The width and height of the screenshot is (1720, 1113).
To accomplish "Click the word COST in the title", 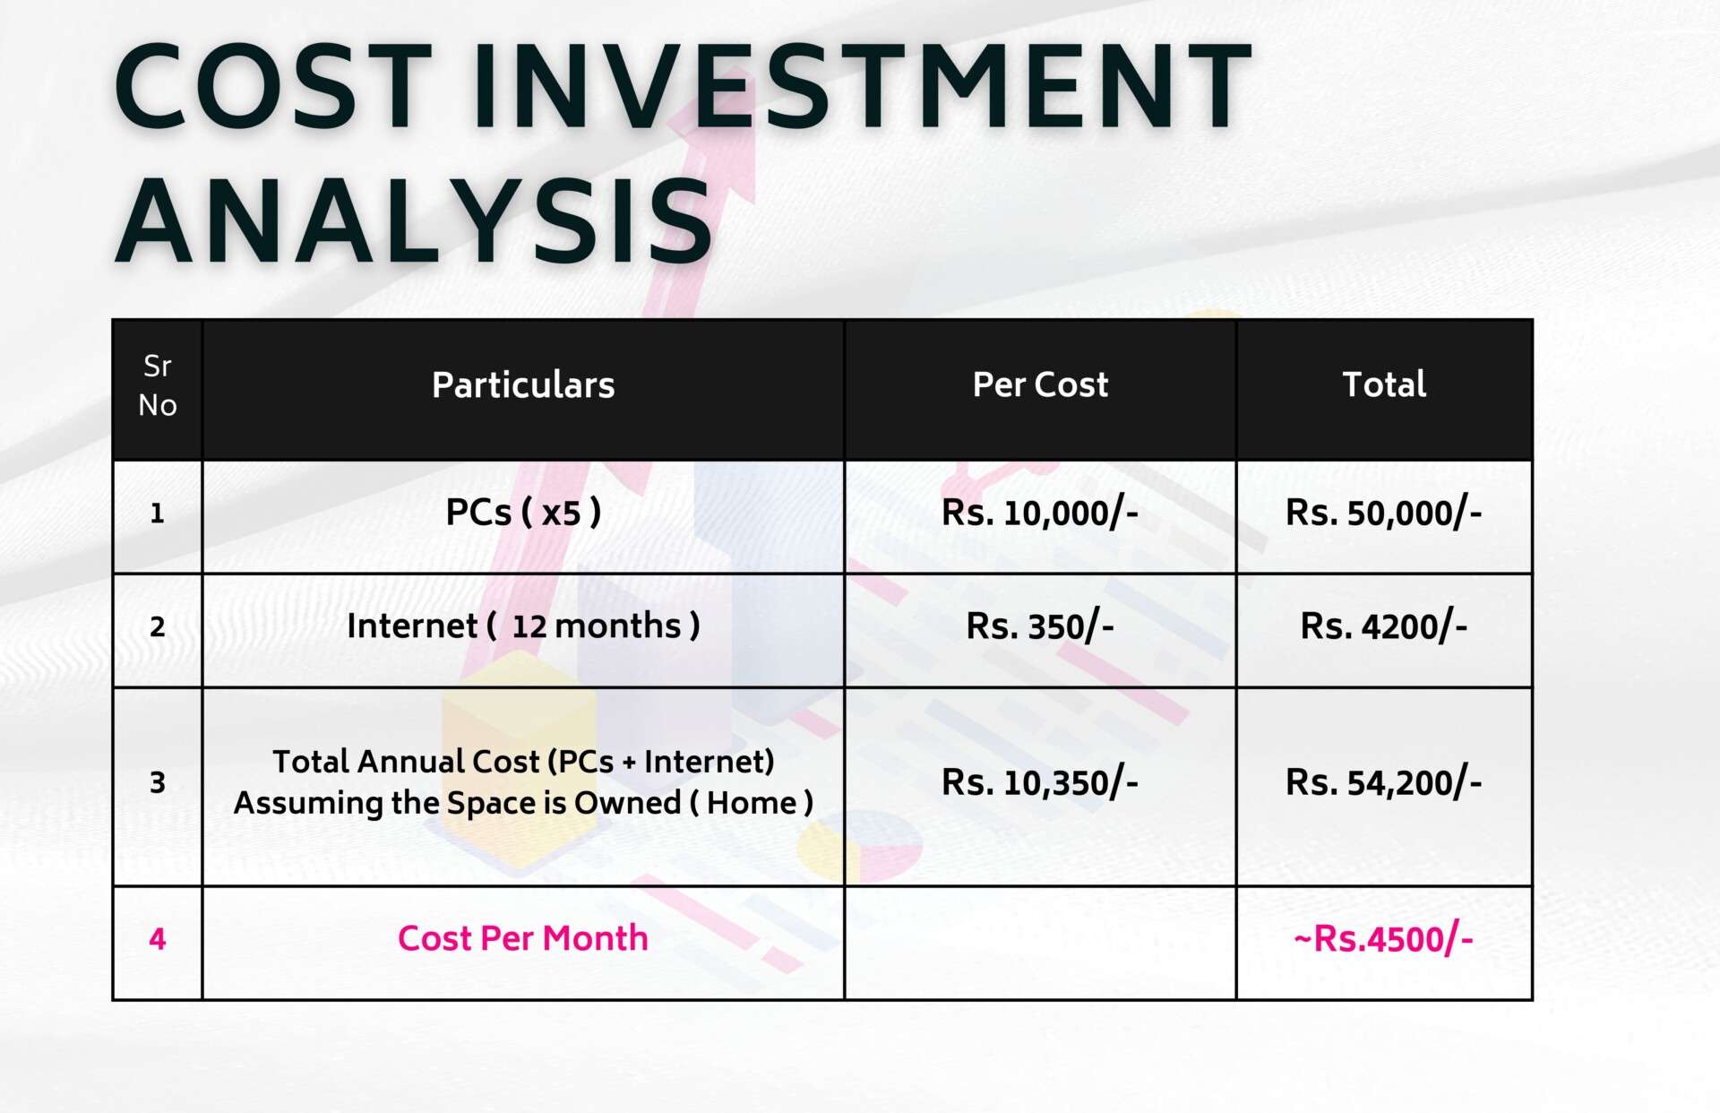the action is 273,87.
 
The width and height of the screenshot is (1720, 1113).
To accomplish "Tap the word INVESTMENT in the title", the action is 863,87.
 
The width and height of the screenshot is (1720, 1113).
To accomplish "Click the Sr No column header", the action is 158,385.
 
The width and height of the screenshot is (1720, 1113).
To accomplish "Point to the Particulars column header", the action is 523,384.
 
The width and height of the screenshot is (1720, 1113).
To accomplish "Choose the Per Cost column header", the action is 1040,384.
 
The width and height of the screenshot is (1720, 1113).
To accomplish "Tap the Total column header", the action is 1384,384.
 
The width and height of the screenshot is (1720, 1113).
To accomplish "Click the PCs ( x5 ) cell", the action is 523,513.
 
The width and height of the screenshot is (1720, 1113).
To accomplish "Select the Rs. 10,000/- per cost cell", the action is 1040,513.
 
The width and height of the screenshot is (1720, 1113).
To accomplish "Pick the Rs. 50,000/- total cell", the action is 1384,513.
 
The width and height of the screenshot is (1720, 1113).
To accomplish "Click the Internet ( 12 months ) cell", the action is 523,626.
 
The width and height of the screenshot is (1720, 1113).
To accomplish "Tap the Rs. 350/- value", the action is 1040,626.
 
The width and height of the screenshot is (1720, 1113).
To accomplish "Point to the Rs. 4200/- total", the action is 1384,626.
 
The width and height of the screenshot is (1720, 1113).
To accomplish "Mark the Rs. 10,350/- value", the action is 1040,783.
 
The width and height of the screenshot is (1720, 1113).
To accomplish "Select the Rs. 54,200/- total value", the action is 1384,783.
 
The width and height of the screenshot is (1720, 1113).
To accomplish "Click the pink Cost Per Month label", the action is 523,938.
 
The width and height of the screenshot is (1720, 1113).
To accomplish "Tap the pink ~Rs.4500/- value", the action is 1384,939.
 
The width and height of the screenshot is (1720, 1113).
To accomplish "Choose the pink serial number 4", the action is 158,939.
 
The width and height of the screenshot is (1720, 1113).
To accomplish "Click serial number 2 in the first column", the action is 158,626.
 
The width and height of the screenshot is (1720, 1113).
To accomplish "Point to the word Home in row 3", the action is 752,803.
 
